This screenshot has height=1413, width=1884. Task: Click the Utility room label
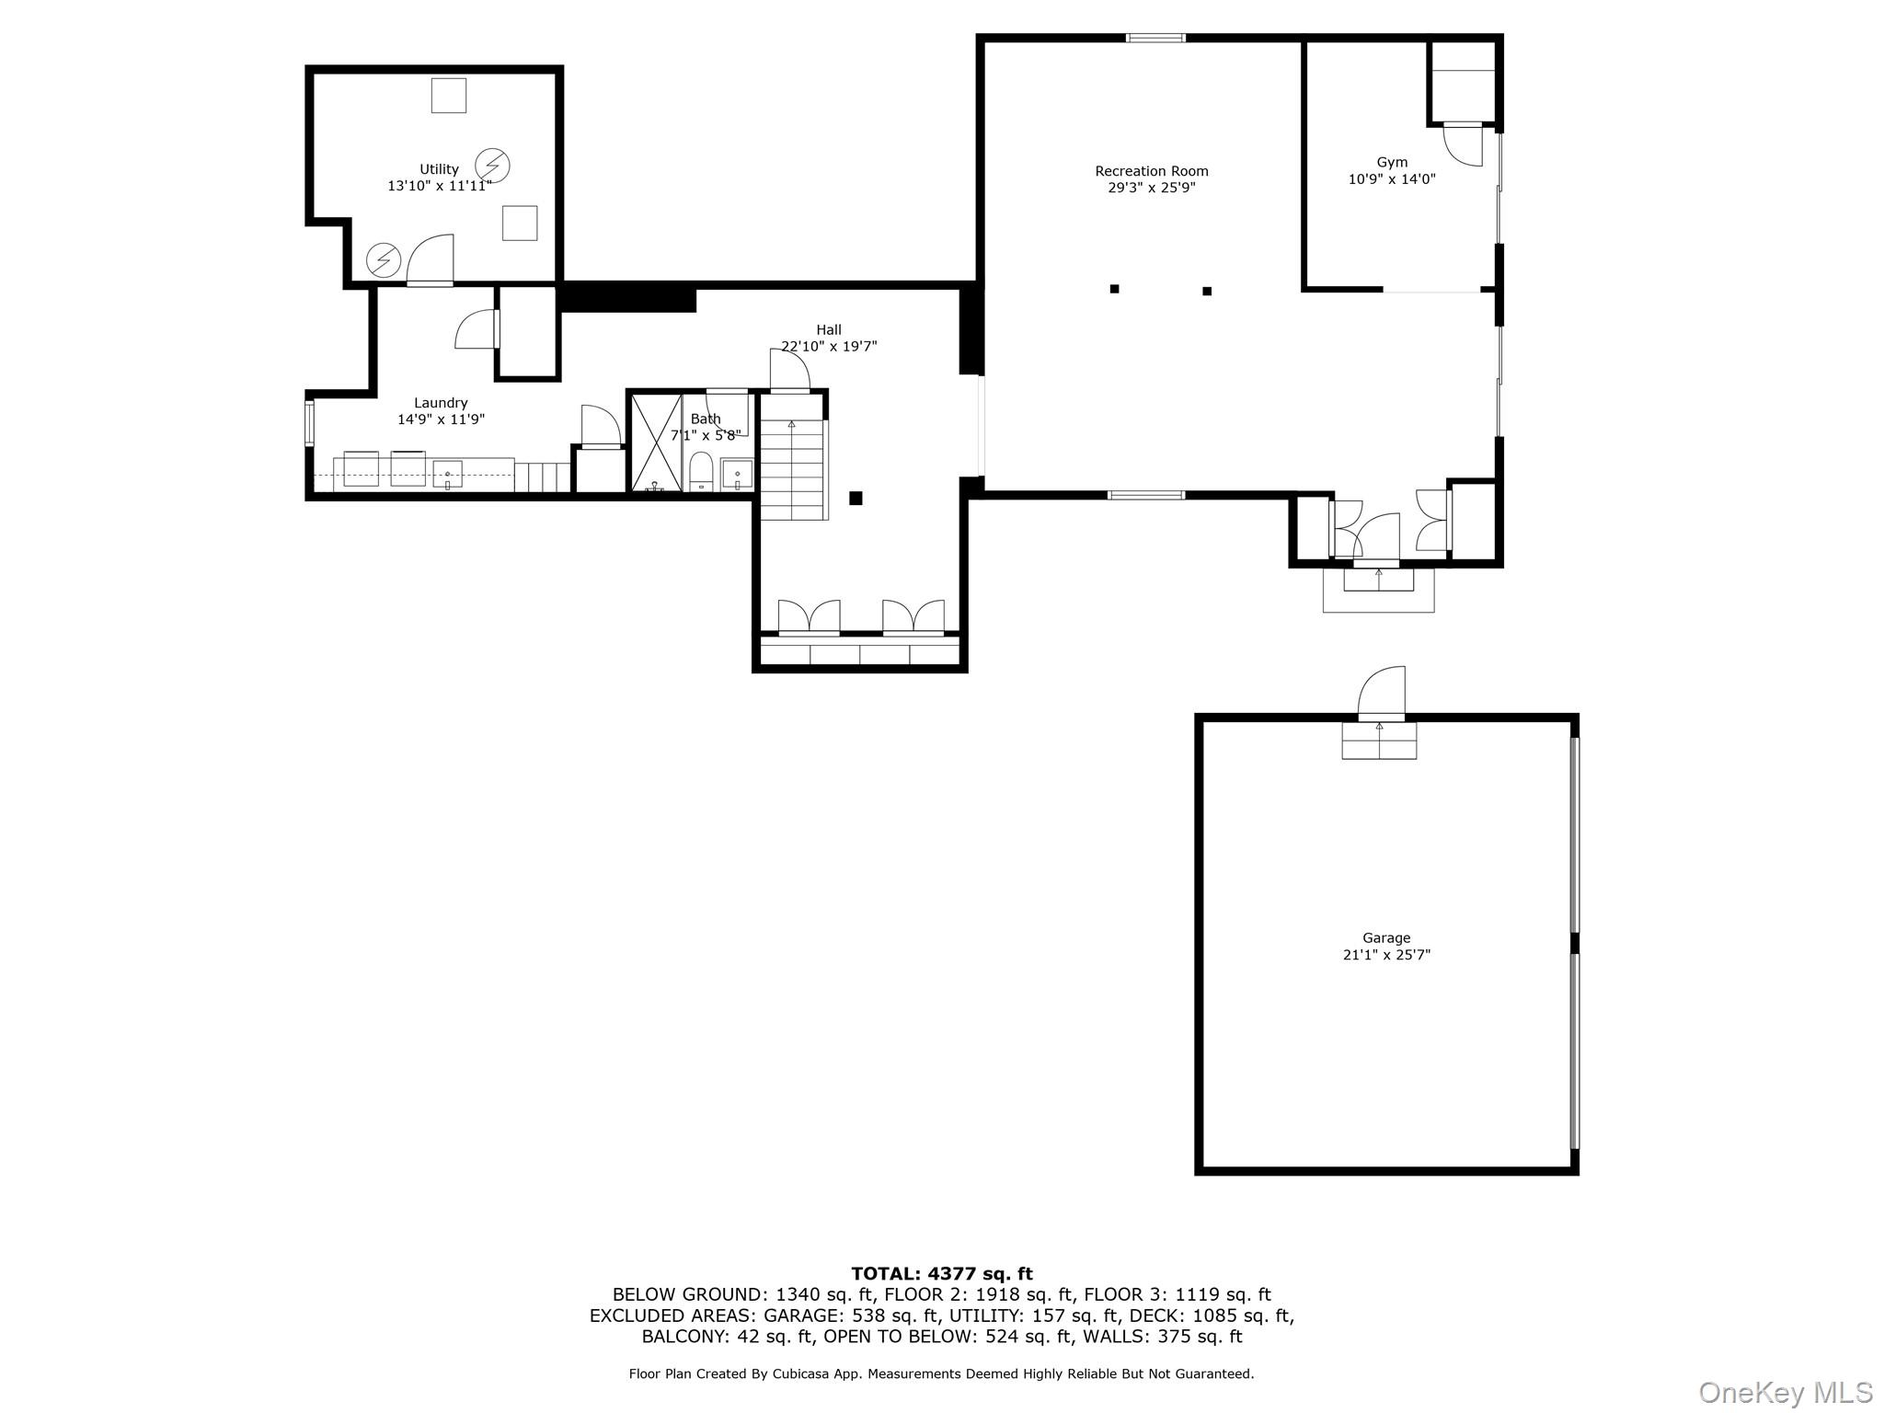439,169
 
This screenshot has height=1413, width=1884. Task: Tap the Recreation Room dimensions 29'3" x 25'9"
1151,188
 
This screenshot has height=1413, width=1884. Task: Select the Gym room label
1391,163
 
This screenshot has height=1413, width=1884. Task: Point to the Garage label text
1385,938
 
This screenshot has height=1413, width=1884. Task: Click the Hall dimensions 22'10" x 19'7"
829,347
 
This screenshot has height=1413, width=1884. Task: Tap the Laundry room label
441,403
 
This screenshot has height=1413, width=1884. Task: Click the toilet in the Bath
701,471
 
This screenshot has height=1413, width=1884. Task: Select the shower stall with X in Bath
656,442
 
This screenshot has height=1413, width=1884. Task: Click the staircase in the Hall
792,469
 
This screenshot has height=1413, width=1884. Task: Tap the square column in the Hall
856,499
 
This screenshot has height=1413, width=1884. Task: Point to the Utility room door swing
431,258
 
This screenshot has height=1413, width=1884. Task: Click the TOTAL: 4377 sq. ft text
941,1274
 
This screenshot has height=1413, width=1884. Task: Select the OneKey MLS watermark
1785,1392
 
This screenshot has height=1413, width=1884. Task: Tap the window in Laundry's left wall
310,423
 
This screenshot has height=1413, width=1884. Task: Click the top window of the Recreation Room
1155,38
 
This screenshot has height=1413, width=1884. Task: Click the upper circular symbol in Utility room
492,166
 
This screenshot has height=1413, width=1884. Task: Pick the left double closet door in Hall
809,617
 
